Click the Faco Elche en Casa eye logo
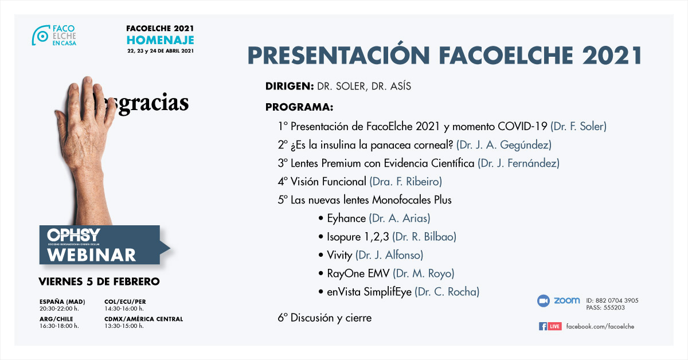pyautogui.click(x=41, y=36)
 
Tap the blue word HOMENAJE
pyautogui.click(x=161, y=40)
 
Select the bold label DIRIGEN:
pyautogui.click(x=290, y=87)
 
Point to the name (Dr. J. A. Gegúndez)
pyautogui.click(x=504, y=144)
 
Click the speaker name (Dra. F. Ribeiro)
pyautogui.click(x=405, y=182)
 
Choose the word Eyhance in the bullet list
pyautogui.click(x=346, y=218)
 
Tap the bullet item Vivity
pyautogui.click(x=339, y=255)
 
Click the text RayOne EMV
pyautogui.click(x=358, y=273)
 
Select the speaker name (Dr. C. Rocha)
pyautogui.click(x=447, y=292)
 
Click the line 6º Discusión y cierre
pyautogui.click(x=325, y=318)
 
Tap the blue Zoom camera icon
pyautogui.click(x=543, y=301)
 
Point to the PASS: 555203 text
pyautogui.click(x=605, y=307)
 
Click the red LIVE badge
pyautogui.click(x=554, y=326)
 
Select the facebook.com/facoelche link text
pyautogui.click(x=600, y=326)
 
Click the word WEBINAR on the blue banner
pyautogui.click(x=91, y=255)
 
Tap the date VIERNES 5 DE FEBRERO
pyautogui.click(x=99, y=281)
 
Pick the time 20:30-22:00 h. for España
pyautogui.click(x=59, y=308)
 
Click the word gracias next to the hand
pyautogui.click(x=153, y=104)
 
